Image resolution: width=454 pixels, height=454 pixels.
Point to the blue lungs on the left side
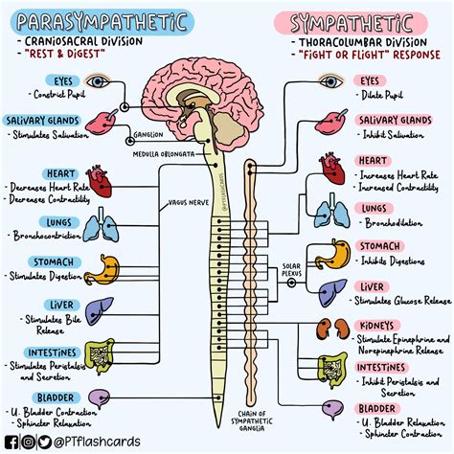(99, 227)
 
